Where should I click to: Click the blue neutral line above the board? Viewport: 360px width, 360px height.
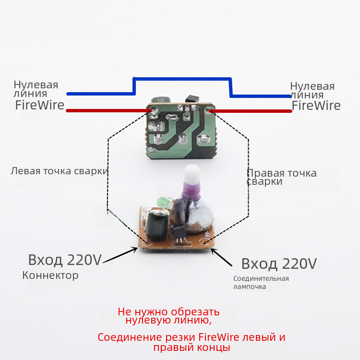[x=182, y=79]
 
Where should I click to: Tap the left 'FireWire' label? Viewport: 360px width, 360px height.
[x=39, y=105]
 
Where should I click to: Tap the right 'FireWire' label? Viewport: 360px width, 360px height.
[x=316, y=106]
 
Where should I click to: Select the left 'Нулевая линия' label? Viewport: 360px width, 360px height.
[x=36, y=89]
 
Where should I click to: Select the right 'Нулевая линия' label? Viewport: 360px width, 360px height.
[x=312, y=91]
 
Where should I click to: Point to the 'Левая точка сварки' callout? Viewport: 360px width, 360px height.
[x=59, y=171]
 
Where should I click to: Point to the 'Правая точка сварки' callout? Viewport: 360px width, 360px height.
[x=281, y=177]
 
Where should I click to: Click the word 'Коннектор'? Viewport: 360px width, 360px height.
[x=50, y=276]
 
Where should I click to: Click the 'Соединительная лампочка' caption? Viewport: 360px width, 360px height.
[x=261, y=283]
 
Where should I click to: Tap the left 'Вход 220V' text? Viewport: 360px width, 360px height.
[x=65, y=260]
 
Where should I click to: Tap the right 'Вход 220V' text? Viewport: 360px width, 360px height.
[x=279, y=264]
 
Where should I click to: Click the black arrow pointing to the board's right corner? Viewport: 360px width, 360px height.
[x=223, y=257]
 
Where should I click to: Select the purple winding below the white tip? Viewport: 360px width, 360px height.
[x=189, y=192]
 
